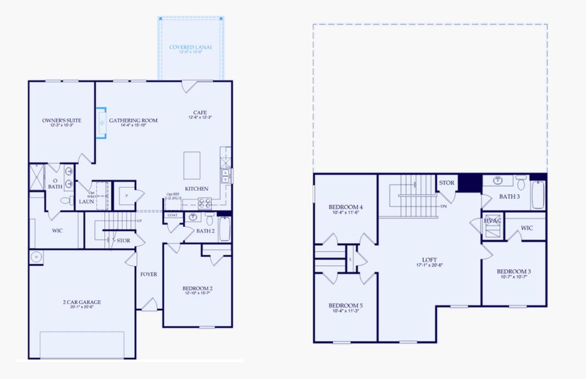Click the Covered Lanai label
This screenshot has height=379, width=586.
click(190, 47)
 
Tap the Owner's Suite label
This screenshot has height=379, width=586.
click(58, 120)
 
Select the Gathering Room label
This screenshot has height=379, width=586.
click(133, 120)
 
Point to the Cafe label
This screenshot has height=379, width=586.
click(201, 113)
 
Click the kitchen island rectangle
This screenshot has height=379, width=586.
click(192, 166)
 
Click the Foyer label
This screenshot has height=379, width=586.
click(149, 274)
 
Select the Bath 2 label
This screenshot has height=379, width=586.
click(206, 231)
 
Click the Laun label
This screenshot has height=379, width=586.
click(86, 202)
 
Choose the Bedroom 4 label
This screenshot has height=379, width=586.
click(345, 207)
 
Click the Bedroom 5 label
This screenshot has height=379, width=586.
click(345, 305)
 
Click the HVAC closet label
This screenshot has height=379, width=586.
click(493, 220)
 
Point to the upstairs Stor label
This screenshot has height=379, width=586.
click(447, 183)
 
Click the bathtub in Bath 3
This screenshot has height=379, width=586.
click(537, 195)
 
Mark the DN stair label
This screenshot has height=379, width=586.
click(444, 206)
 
